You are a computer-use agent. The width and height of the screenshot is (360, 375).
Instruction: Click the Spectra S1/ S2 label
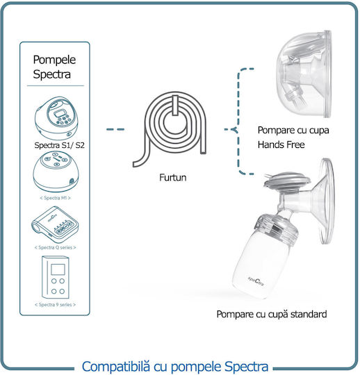59,145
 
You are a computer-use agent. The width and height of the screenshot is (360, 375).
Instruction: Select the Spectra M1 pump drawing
56,172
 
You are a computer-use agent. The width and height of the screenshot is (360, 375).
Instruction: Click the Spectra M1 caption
56,198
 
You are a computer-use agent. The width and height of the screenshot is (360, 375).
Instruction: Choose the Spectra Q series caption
56,247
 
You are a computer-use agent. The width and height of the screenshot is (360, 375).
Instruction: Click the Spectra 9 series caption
56,304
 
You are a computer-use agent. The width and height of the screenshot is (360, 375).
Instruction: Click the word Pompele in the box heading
54,60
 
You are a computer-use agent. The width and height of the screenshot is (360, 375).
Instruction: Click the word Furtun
173,178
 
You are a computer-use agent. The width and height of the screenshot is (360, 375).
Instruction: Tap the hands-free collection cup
304,74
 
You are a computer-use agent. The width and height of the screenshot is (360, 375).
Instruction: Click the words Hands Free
281,144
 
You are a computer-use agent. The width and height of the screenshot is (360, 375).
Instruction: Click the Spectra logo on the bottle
256,281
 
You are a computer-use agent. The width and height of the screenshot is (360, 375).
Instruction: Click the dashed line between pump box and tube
115,129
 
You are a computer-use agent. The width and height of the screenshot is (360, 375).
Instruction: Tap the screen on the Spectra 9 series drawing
58,269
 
